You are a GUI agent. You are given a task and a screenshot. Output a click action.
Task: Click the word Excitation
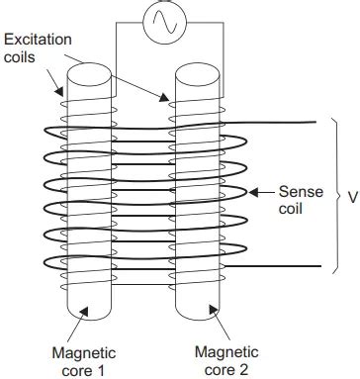click(x=38, y=39)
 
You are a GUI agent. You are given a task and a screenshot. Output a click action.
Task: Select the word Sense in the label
click(x=301, y=191)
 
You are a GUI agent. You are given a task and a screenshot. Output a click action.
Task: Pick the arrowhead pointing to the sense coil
click(x=253, y=192)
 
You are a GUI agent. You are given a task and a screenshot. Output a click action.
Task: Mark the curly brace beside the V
click(x=337, y=195)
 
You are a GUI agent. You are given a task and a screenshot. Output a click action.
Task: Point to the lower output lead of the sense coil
click(x=287, y=266)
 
